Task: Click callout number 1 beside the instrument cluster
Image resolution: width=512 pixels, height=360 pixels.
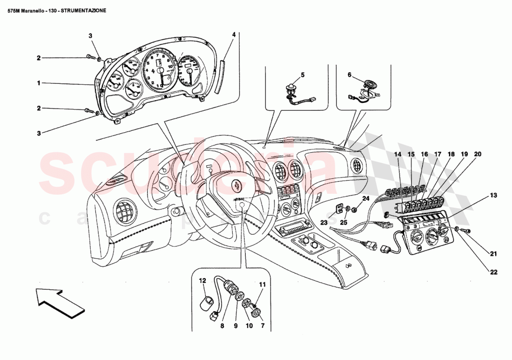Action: tap(40, 83)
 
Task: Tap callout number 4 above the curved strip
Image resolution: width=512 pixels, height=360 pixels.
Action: tap(234, 34)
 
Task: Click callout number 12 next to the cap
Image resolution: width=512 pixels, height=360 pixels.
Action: tap(202, 280)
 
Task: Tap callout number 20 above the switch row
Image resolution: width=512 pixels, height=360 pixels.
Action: tap(478, 154)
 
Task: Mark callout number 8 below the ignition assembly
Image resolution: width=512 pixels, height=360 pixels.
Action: tap(222, 326)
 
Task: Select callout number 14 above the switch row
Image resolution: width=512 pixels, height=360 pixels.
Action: tap(398, 154)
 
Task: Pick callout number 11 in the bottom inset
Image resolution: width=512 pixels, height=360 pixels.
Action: tap(262, 284)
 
